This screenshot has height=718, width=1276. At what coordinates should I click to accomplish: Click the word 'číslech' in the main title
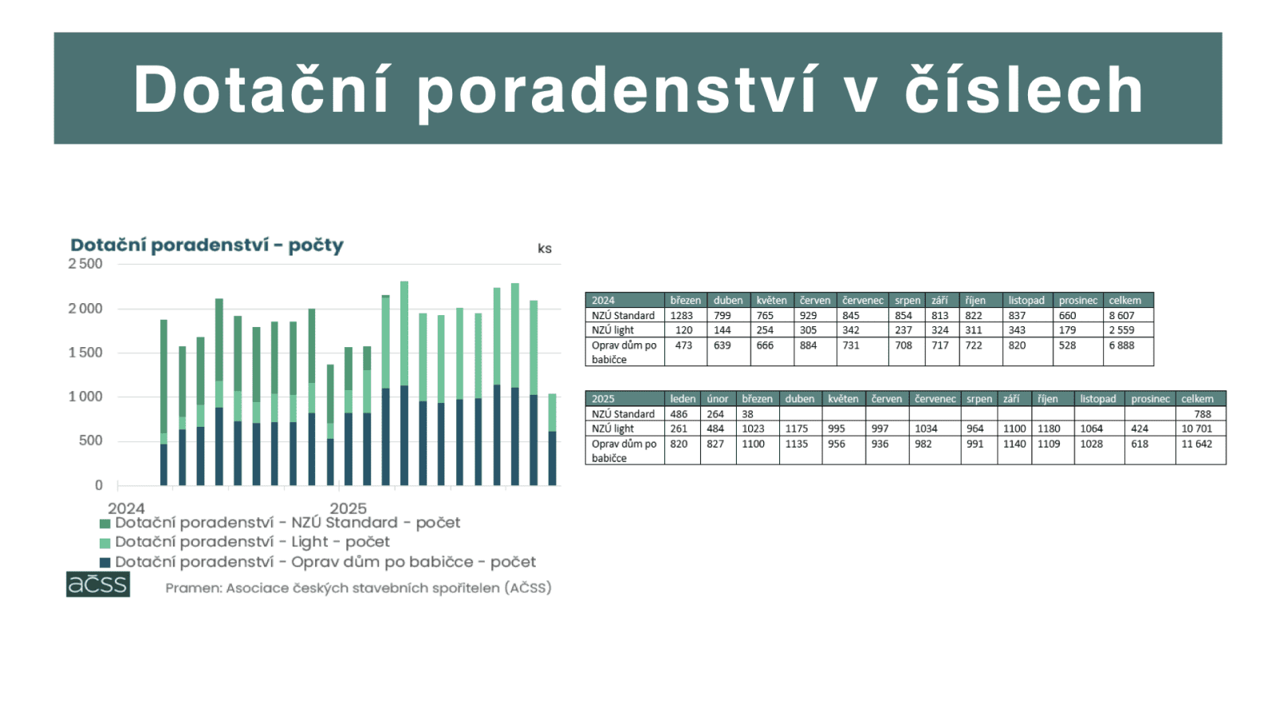[1024, 89]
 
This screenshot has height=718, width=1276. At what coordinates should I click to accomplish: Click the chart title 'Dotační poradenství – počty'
[207, 245]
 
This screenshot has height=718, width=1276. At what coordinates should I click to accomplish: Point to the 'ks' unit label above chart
[545, 248]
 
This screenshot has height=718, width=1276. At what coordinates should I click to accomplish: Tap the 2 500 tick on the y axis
[85, 264]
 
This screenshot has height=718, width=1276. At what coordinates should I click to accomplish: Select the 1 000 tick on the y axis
[85, 396]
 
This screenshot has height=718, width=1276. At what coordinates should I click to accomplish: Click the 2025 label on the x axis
[348, 508]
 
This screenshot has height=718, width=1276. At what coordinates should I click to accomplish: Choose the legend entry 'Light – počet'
[252, 542]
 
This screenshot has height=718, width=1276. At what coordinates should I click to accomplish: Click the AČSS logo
[98, 584]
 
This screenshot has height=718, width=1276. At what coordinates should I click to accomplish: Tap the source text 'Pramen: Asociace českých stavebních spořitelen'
[358, 588]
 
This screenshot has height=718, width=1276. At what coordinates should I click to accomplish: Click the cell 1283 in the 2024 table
[682, 315]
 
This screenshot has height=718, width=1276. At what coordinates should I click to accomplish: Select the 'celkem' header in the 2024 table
[1124, 301]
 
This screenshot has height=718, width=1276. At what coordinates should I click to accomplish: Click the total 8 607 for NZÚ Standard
[1121, 315]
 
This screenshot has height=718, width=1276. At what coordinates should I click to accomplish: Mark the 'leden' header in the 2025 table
[683, 399]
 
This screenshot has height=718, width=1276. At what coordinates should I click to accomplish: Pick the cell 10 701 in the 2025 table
[1196, 428]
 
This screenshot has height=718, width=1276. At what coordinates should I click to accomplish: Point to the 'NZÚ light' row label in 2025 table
[612, 428]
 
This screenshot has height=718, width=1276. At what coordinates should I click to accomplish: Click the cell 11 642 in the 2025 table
[1196, 444]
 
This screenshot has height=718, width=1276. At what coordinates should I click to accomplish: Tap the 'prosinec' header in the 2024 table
[1077, 301]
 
